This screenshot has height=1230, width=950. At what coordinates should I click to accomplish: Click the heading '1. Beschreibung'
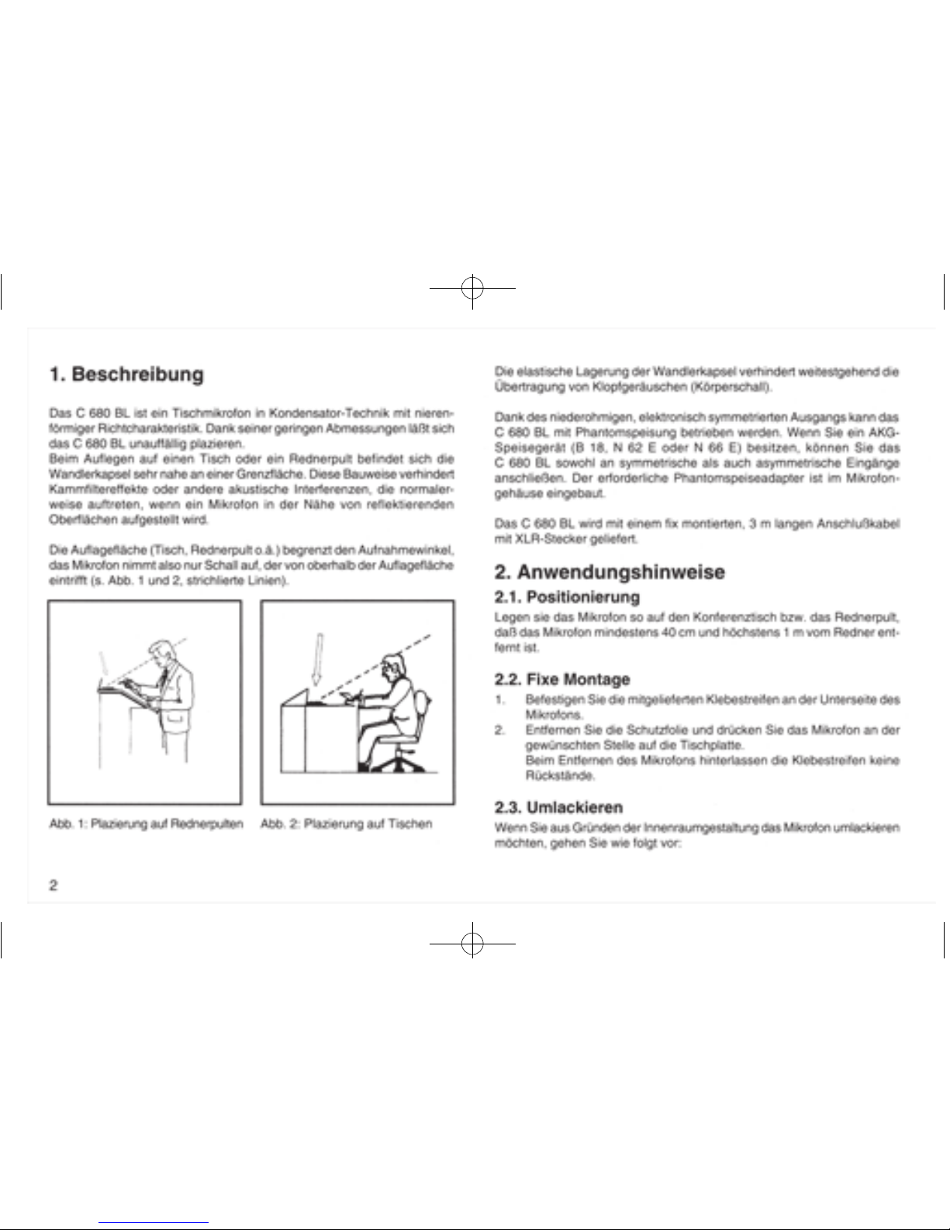click(126, 375)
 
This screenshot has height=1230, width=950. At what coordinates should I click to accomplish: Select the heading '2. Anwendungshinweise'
click(610, 572)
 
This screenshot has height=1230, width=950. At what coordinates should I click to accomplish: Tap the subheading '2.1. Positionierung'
click(567, 597)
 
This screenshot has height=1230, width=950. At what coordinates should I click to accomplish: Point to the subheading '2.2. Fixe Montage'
click(562, 679)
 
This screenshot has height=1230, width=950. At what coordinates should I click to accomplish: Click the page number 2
click(54, 885)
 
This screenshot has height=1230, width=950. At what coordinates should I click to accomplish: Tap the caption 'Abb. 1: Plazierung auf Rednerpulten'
click(146, 823)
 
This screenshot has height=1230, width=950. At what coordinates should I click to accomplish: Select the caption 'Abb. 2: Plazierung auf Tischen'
click(346, 823)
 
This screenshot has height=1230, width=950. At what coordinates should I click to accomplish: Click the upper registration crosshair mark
click(472, 288)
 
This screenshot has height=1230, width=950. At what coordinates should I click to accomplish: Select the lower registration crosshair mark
click(472, 944)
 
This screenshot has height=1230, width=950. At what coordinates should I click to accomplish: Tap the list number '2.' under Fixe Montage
click(500, 729)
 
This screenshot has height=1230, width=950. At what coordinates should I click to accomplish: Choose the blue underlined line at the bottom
click(154, 1223)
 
